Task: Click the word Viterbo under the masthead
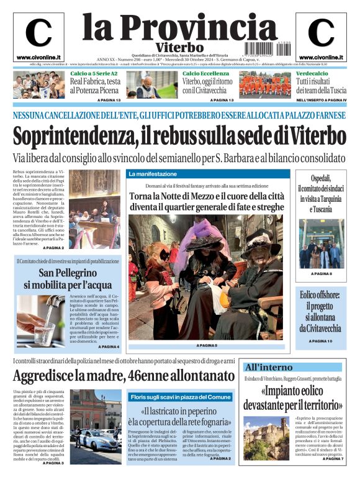click(180, 47)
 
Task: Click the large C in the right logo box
click(321, 33)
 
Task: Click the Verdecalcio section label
click(312, 73)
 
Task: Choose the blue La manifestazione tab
click(153, 174)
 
